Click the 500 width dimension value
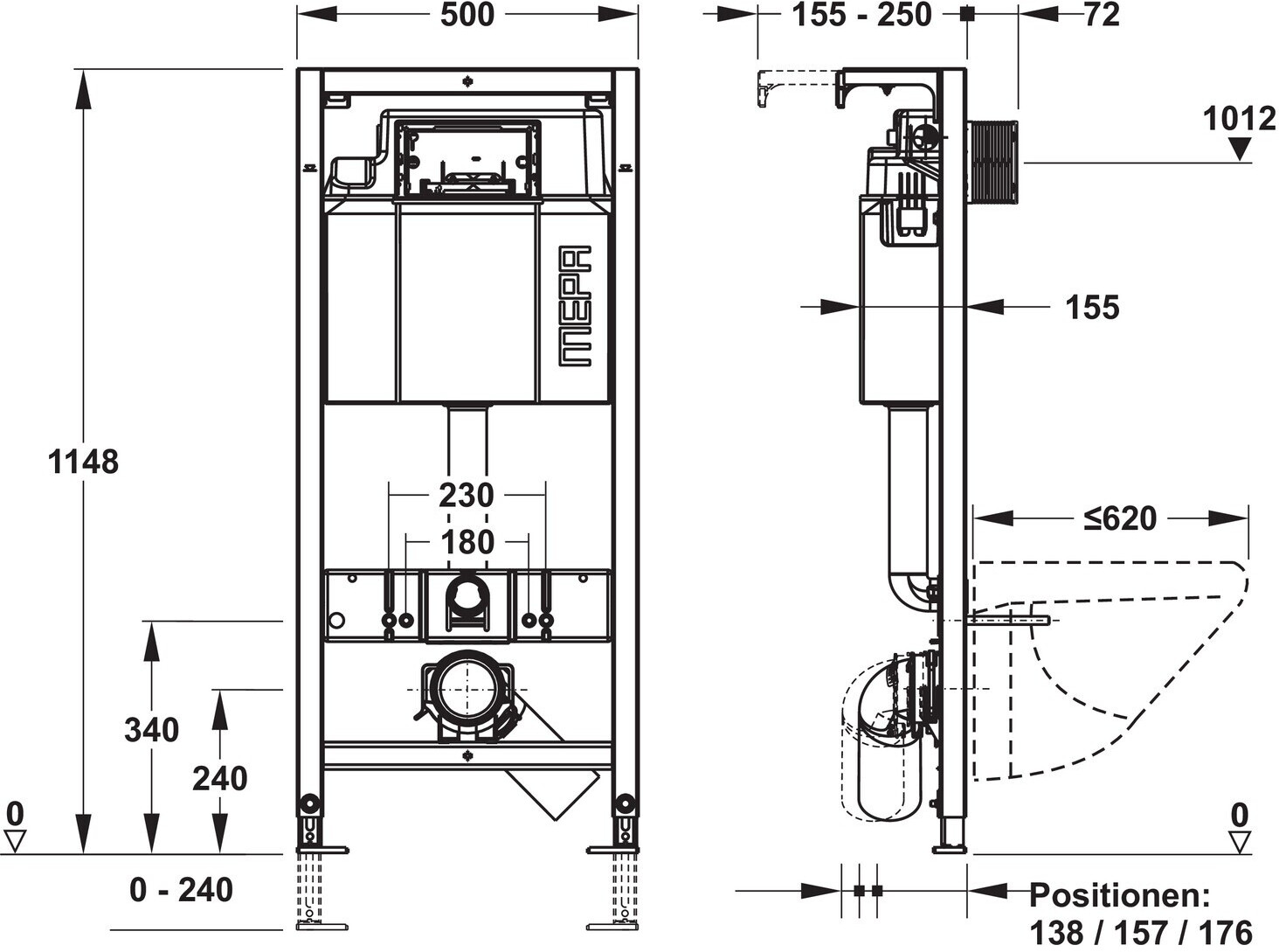(x=467, y=15)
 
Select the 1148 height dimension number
(x=83, y=462)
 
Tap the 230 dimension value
(x=467, y=495)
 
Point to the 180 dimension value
(x=467, y=542)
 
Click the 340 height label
(x=152, y=730)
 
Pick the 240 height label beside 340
(x=219, y=778)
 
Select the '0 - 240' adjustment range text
(x=181, y=890)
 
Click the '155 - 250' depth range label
(x=861, y=15)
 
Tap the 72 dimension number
(x=1102, y=15)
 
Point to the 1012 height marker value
(x=1239, y=119)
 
